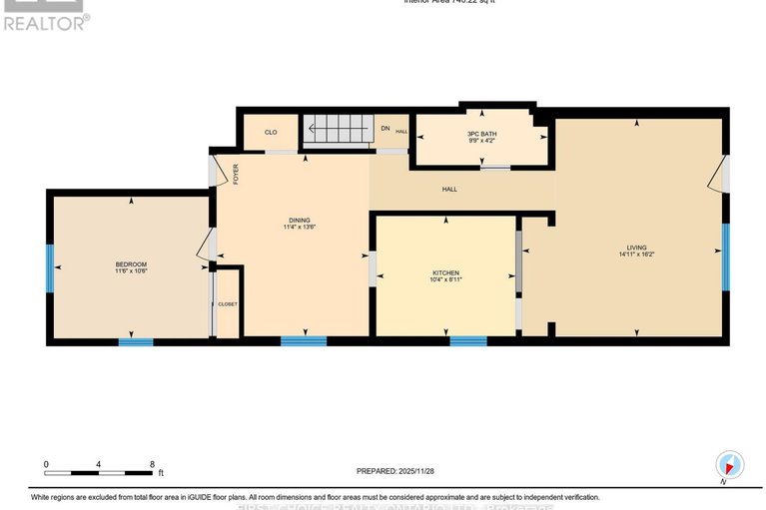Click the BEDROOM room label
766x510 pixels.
pos(131,264)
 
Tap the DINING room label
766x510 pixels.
pos(300,221)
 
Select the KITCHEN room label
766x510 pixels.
pos(445,272)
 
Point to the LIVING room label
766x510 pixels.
pos(636,248)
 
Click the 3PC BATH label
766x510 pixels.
pos(482,134)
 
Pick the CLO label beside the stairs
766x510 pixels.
pos(271,132)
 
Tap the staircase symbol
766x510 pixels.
pos(337,131)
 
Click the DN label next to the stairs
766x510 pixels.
pos(385,128)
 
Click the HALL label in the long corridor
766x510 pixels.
pos(450,189)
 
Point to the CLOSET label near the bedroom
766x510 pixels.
pos(228,303)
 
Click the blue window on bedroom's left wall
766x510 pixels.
pos(49,268)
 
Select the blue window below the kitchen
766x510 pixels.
pos(467,341)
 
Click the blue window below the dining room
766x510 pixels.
pos(303,341)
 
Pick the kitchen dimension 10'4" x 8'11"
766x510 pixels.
pos(445,280)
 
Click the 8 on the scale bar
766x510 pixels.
pos(151,464)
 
